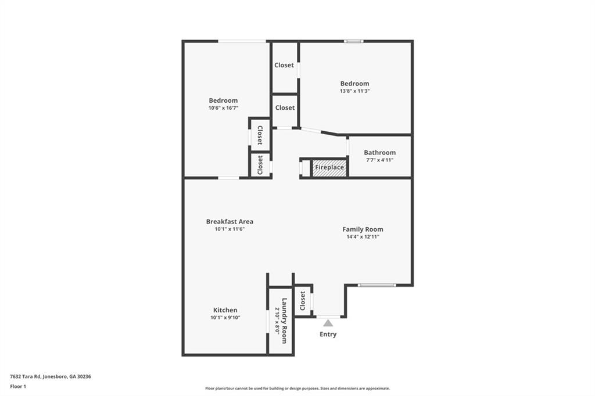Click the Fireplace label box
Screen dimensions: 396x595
[329, 168]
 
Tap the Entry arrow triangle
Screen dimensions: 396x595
[328, 323]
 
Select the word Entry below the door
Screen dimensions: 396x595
[328, 334]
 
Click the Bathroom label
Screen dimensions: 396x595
[379, 153]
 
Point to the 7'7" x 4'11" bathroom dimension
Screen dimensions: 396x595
[379, 160]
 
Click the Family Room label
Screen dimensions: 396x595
[363, 229]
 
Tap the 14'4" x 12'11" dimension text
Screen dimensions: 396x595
[363, 237]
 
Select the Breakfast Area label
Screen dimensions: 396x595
[230, 221]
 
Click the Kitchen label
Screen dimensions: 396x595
[225, 310]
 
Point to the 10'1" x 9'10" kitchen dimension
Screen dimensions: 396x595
[225, 318]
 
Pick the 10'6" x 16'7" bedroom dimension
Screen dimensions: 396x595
[223, 108]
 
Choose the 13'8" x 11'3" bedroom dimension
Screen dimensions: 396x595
[354, 91]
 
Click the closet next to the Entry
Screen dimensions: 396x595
[303, 300]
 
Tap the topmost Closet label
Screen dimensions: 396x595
[284, 65]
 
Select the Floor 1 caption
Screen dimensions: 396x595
[18, 386]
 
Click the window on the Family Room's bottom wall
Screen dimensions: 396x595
[377, 285]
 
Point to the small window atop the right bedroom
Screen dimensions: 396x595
[353, 41]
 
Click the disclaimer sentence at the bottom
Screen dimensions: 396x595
[297, 388]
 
